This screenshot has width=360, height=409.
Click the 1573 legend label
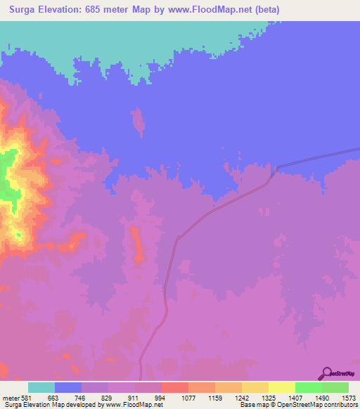[x=347, y=398]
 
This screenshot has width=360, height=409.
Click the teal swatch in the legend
[x=41, y=388]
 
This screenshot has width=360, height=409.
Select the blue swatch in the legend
[x=68, y=388]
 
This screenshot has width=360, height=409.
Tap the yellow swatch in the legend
[x=281, y=388]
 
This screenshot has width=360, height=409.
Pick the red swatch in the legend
[x=174, y=388]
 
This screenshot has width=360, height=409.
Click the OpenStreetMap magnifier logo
[x=326, y=373]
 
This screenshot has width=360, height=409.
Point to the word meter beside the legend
[x=11, y=398]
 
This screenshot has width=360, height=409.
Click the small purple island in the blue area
[x=139, y=121]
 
